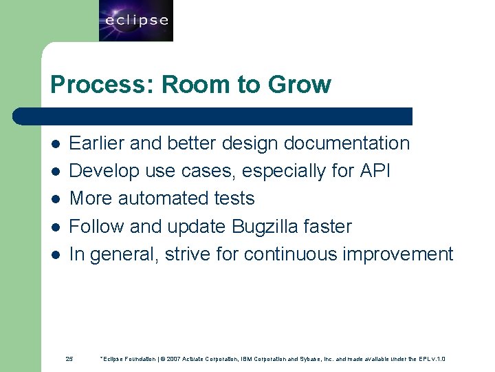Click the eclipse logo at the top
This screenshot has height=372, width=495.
pyautogui.click(x=136, y=21)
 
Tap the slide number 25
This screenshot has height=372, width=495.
pyautogui.click(x=69, y=359)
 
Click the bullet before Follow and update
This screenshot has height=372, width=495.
pyautogui.click(x=56, y=227)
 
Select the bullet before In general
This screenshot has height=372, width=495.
pyautogui.click(x=56, y=255)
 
